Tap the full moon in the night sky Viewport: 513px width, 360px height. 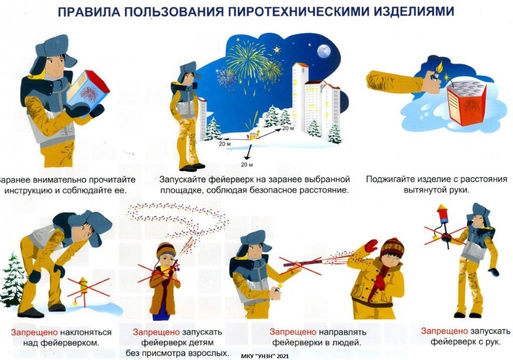tap(324, 52)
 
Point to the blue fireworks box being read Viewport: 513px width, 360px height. tap(88, 91)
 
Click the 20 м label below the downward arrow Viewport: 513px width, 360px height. tap(247, 164)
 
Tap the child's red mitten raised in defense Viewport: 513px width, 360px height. tap(371, 246)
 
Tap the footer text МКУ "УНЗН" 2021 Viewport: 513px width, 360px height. tap(265, 356)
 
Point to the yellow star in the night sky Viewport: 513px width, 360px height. tap(277, 50)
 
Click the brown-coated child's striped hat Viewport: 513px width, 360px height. tap(166, 250)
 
